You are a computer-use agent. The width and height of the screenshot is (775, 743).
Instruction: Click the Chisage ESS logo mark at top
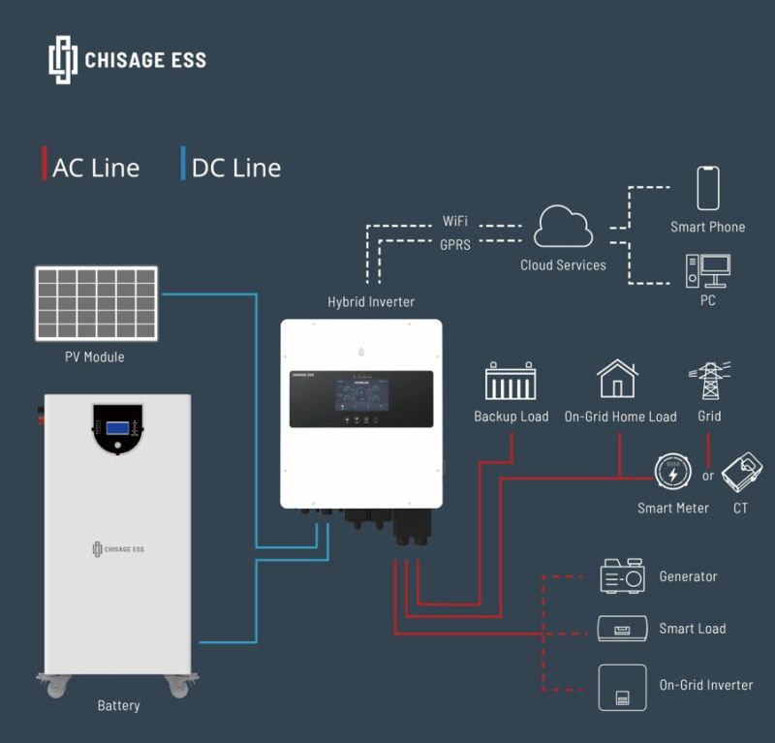tap(62, 59)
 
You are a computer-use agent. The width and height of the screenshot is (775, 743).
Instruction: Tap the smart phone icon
tap(708, 188)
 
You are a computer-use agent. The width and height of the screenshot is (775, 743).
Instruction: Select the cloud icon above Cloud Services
tap(563, 227)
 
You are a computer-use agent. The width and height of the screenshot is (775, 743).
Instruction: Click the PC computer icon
tap(707, 270)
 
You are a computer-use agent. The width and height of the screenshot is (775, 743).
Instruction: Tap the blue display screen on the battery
tap(118, 427)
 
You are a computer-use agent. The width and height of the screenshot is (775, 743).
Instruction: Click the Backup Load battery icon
tap(511, 383)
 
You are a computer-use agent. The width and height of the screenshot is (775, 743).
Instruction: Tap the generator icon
tap(622, 575)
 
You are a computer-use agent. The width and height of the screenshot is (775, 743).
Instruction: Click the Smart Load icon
tap(621, 629)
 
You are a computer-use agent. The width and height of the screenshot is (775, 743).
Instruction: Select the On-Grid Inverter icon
tap(621, 687)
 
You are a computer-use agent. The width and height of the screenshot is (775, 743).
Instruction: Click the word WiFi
tap(455, 222)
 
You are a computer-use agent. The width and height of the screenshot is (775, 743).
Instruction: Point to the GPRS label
tap(455, 245)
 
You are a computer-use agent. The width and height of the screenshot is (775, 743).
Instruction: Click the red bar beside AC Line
tap(45, 165)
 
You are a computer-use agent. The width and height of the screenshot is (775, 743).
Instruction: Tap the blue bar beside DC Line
tap(183, 165)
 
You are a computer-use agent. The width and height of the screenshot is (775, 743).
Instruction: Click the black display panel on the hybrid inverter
tap(360, 399)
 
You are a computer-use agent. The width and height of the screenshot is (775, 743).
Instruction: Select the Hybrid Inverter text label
tap(371, 302)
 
